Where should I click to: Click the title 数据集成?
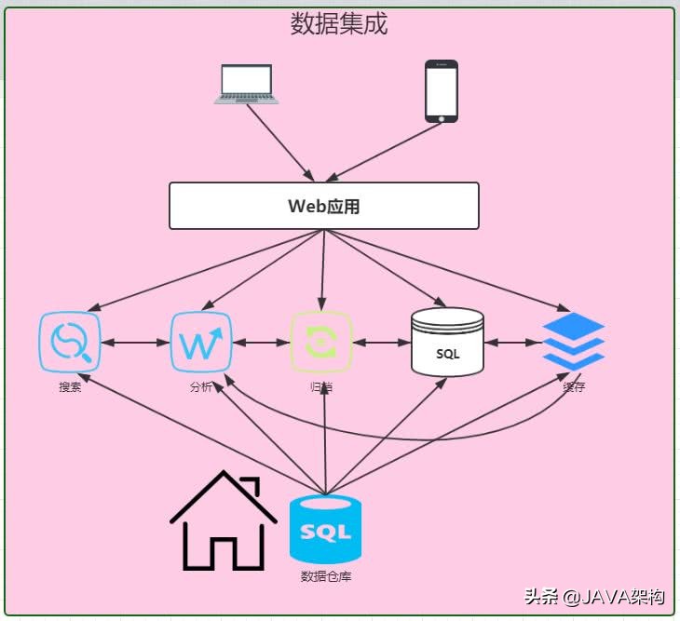tap(338, 24)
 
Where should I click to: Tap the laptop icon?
tap(246, 85)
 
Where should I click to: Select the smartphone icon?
tap(442, 91)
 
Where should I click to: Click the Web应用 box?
tap(323, 206)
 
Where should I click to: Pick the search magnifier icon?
tap(70, 343)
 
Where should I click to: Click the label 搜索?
tap(70, 387)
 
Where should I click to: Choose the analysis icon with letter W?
tap(200, 343)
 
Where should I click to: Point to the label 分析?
tap(200, 387)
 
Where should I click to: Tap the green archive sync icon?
tap(322, 343)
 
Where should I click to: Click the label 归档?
tap(322, 387)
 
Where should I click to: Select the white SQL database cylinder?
tap(447, 343)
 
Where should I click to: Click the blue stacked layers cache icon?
tap(573, 341)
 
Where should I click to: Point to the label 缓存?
tap(574, 387)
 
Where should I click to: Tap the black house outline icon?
tap(224, 521)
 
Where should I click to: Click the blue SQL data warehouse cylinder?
tap(326, 531)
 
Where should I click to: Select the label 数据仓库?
tap(326, 576)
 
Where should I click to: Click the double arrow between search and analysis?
tap(135, 343)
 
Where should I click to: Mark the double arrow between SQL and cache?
tap(512, 343)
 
